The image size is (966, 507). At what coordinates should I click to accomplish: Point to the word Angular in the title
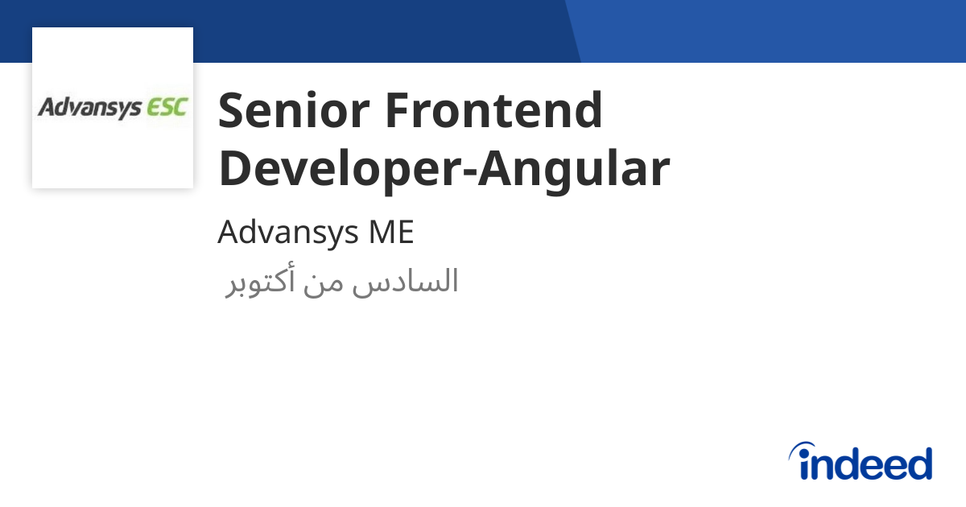click(574, 169)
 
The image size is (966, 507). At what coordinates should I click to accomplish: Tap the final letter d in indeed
click(919, 464)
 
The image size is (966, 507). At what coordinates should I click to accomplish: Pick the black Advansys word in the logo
click(89, 108)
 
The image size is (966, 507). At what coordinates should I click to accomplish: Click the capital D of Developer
click(235, 169)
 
